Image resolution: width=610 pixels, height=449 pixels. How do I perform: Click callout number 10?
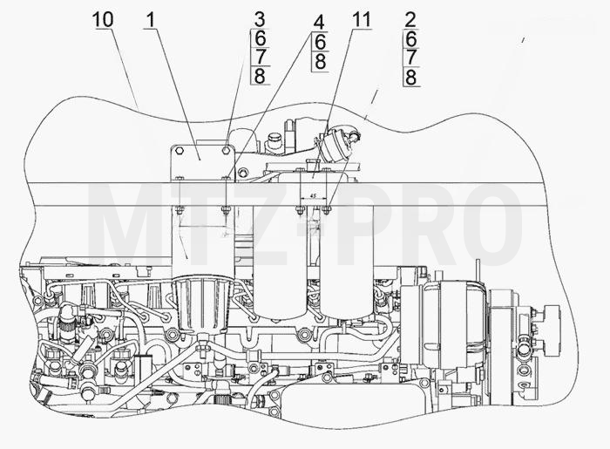(x=103, y=19)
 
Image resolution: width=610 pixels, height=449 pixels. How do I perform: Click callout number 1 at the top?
(x=151, y=19)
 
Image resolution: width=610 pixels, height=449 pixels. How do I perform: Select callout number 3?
(x=260, y=20)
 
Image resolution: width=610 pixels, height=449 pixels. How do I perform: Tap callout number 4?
(x=319, y=23)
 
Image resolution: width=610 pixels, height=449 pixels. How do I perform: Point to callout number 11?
(x=361, y=19)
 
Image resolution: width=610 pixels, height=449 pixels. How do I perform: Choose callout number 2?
(x=410, y=20)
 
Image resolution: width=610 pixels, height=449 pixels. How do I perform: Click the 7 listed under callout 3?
(x=260, y=57)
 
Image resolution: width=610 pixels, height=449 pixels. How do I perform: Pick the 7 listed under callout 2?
(x=410, y=58)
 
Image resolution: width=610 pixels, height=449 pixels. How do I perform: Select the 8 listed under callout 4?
(x=320, y=61)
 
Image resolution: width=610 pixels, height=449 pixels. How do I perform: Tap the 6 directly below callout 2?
(x=410, y=38)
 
